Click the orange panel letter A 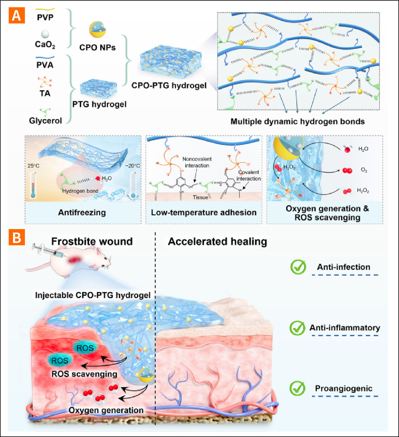coord(17,16)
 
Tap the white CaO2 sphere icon coord(45,34)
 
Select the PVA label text coord(45,65)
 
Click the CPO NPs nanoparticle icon coord(97,29)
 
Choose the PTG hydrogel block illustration coord(98,88)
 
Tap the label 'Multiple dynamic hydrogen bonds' coord(297,121)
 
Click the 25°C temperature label coord(34,166)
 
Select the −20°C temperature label coord(132,166)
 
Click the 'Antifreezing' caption coord(82,213)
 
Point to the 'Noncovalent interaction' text coord(197,162)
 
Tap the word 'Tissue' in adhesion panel coord(200,198)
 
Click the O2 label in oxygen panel coord(364,170)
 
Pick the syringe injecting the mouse coord(48,251)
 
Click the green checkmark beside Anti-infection coord(298,267)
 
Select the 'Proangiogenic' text coord(344,388)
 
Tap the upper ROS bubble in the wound coord(85,348)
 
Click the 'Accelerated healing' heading coord(217,242)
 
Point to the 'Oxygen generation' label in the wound coord(106,410)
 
